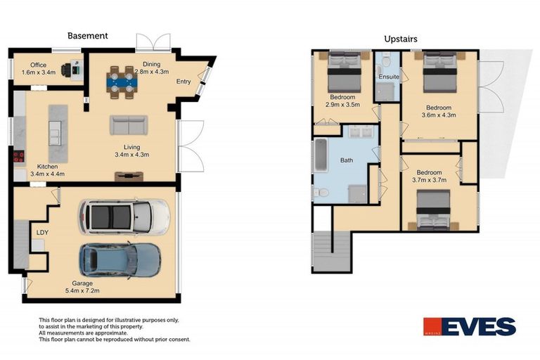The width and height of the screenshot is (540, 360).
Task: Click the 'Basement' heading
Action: click(x=87, y=35)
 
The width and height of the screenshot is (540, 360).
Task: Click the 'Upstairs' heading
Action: click(x=401, y=39)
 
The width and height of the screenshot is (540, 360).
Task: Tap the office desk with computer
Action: click(x=72, y=70)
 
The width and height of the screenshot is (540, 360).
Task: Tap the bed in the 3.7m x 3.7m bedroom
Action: click(x=433, y=210)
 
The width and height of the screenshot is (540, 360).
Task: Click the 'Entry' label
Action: click(x=184, y=82)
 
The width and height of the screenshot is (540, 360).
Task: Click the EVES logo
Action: click(x=469, y=327)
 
